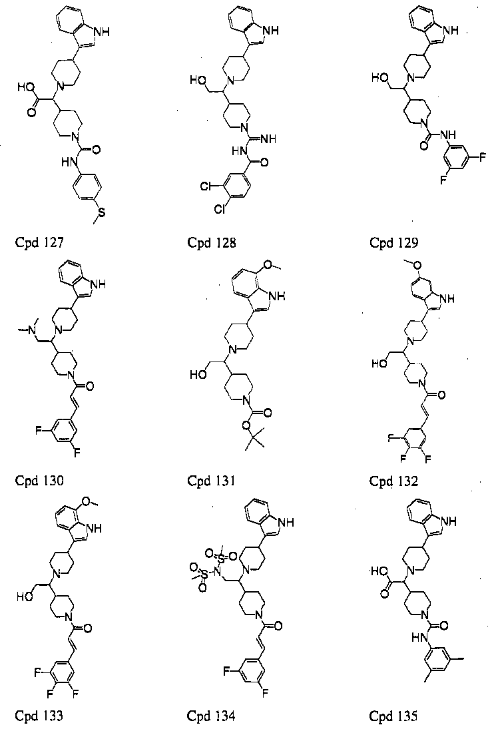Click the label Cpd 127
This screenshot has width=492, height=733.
[39, 243]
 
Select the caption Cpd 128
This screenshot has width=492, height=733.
[212, 243]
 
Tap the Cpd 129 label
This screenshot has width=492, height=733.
[393, 243]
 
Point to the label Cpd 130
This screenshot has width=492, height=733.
[39, 481]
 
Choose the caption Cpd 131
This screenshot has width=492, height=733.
[212, 481]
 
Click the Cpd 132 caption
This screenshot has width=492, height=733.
[393, 481]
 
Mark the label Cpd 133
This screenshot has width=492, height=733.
[39, 716]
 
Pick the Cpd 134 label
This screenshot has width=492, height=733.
[212, 716]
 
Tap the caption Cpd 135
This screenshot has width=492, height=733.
[393, 716]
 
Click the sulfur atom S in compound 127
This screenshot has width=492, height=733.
[101, 213]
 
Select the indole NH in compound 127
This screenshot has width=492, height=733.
[103, 32]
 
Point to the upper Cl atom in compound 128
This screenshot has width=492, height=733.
[206, 186]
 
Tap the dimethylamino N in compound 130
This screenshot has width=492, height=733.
[32, 331]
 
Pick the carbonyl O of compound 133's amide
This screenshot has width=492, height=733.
[87, 628]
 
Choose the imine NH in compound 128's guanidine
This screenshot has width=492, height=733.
[269, 139]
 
